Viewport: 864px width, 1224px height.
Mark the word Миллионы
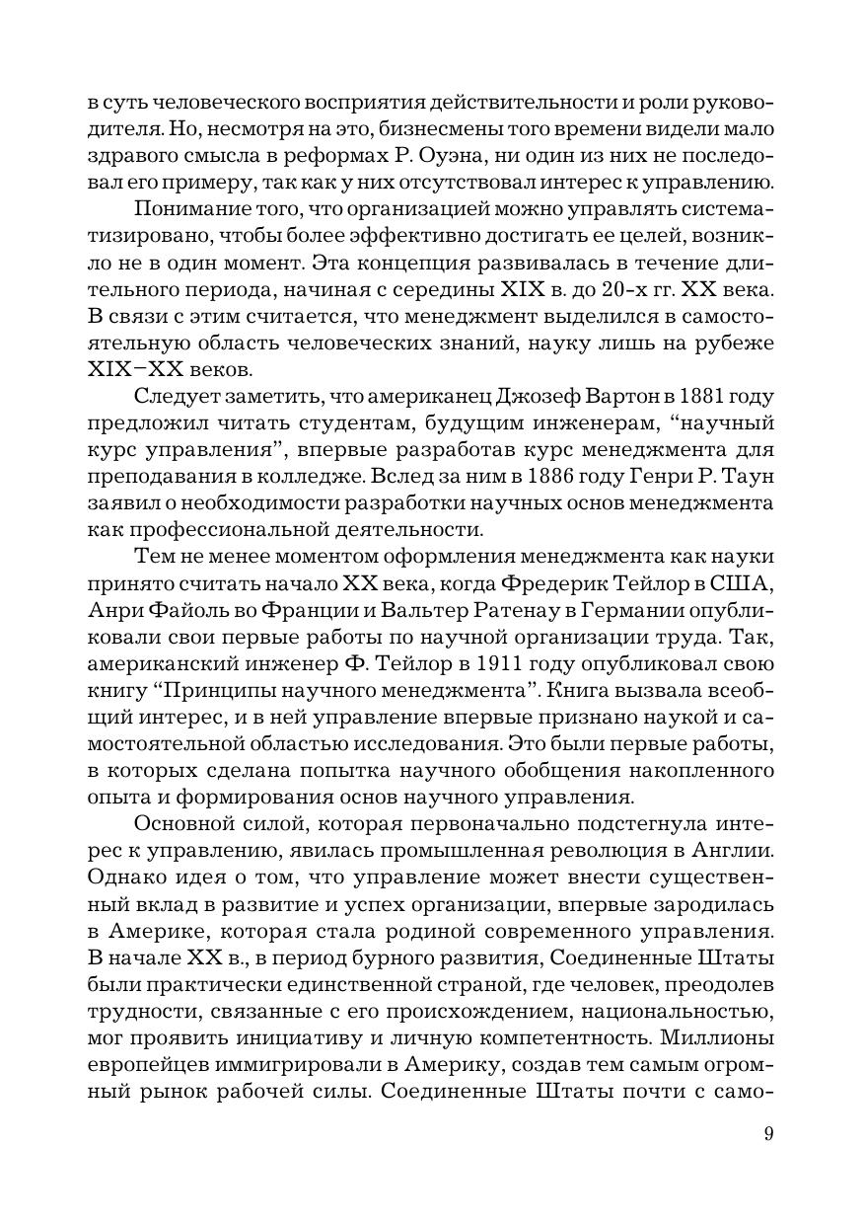[717, 1038]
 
